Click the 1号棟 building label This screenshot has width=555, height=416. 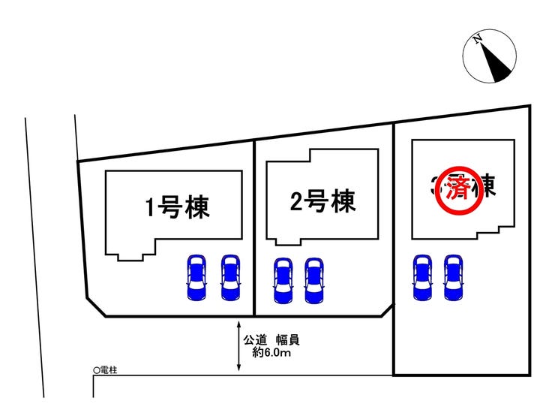click(177, 206)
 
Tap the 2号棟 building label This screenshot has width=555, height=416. click(322, 200)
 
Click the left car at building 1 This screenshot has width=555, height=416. click(197, 277)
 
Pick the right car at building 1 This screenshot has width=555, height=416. click(230, 277)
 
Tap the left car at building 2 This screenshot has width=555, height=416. click(283, 279)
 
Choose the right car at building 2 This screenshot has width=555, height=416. click(314, 279)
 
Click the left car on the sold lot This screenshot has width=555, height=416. click(422, 277)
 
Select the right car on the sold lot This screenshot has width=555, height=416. click(453, 277)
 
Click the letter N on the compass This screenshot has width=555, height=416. click(477, 39)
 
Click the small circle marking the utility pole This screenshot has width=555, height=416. click(95, 370)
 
